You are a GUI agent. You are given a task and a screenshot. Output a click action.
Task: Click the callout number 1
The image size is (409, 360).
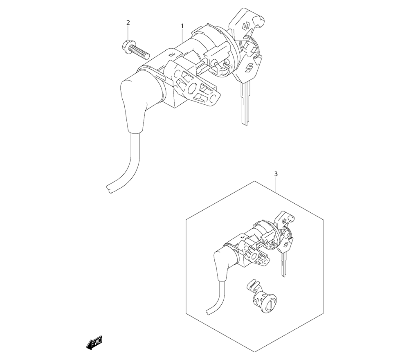(182, 26)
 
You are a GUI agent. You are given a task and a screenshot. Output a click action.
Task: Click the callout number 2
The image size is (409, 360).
(128, 22)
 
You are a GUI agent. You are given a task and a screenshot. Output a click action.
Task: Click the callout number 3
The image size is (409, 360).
(276, 174)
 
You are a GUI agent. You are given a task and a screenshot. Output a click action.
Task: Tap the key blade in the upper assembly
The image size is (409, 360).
(245, 103)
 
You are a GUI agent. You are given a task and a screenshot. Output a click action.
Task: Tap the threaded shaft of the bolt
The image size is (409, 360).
(141, 53)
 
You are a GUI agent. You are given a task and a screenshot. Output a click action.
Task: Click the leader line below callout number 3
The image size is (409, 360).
(276, 185)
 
